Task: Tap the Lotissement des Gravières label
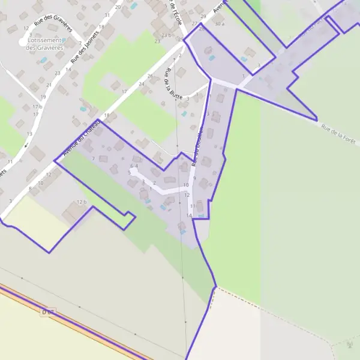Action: pyautogui.click(x=45, y=43)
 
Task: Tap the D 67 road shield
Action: pyautogui.click(x=48, y=312)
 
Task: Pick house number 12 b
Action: pyautogui.click(x=82, y=202)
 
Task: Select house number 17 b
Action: pyautogui.click(x=37, y=106)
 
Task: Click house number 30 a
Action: pyautogui.click(x=219, y=23)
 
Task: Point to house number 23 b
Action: pyautogui.click(x=166, y=35)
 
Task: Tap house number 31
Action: pyautogui.click(x=107, y=14)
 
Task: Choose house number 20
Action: pyautogui.click(x=118, y=7)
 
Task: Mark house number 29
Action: pyautogui.click(x=203, y=16)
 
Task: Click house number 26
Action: pyautogui.click(x=150, y=76)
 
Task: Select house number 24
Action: pyautogui.click(x=142, y=84)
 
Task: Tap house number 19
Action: pyautogui.click(x=43, y=97)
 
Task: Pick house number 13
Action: pyautogui.click(x=29, y=133)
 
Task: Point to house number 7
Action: pyautogui.click(x=93, y=158)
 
